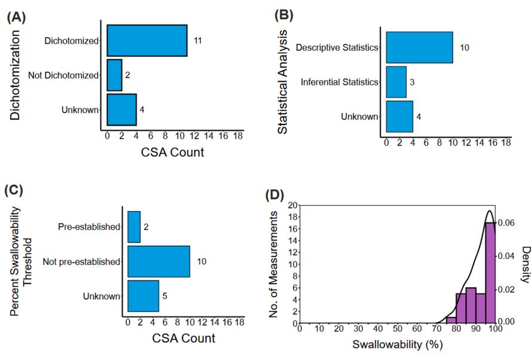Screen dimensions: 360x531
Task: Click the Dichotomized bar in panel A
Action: click(x=147, y=41)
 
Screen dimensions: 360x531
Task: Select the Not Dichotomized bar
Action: click(x=114, y=75)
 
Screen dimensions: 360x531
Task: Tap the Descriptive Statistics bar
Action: click(x=419, y=47)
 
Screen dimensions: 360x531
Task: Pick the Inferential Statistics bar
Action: click(x=396, y=82)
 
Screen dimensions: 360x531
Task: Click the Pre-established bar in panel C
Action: click(x=134, y=227)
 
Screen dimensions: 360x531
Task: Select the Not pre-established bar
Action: click(x=158, y=261)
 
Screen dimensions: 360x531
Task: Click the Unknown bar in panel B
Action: click(x=399, y=116)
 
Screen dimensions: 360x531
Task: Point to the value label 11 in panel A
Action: click(x=196, y=41)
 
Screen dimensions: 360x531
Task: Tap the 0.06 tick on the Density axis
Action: click(x=508, y=222)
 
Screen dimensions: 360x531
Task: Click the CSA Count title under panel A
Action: click(x=173, y=152)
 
